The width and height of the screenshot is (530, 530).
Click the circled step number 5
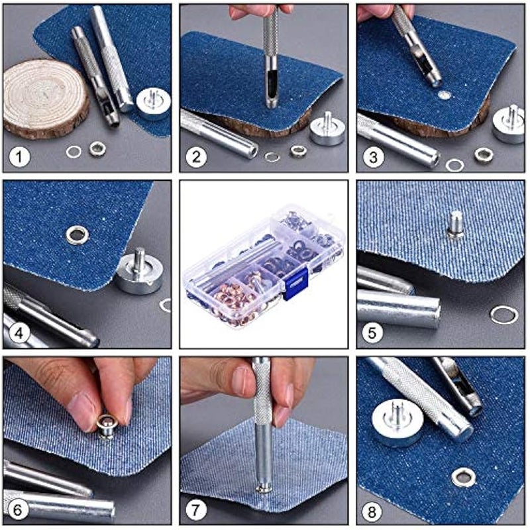point(373,333)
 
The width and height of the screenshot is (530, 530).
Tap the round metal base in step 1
point(153,103)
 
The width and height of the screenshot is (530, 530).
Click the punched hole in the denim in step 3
point(445,95)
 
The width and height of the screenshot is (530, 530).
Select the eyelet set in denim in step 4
point(76,233)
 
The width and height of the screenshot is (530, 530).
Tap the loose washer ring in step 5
point(503,314)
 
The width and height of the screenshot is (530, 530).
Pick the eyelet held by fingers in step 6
point(106,424)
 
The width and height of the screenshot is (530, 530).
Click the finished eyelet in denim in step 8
point(462,476)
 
